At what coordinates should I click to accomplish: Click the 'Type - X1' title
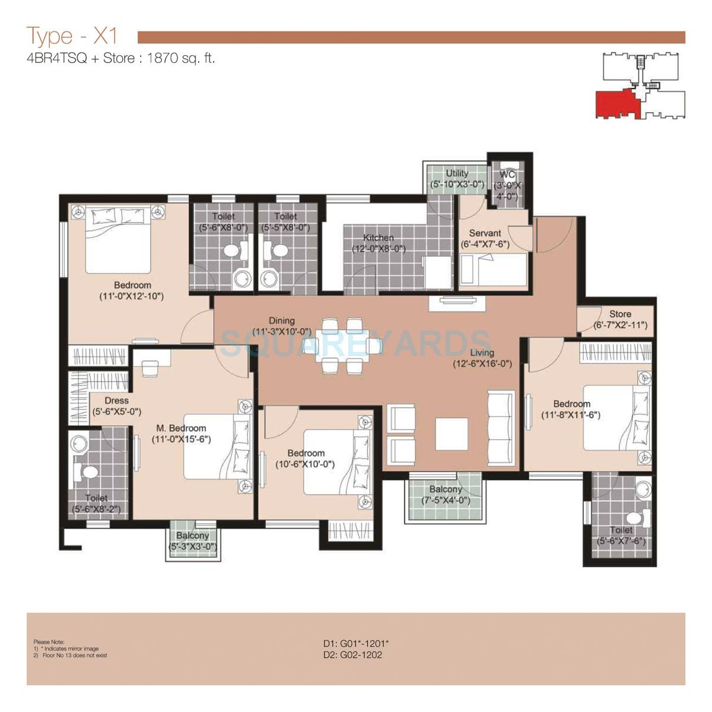tap(72, 37)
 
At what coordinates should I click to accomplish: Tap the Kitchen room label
tap(378, 238)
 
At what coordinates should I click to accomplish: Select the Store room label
tap(620, 314)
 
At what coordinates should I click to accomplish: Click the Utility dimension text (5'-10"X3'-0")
tap(457, 185)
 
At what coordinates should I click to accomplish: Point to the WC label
tap(507, 174)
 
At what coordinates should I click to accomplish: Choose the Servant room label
tap(485, 233)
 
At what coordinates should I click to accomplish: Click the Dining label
tap(281, 321)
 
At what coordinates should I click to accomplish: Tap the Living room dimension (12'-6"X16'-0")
tap(482, 364)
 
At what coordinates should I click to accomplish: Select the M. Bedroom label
tap(181, 428)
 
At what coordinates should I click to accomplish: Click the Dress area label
tap(116, 401)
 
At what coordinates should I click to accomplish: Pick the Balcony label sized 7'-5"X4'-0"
tap(445, 490)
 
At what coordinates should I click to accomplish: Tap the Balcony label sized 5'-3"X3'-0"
tap(192, 536)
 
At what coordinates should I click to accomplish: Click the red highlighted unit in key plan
tap(615, 104)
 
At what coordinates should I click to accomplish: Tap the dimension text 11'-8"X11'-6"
tap(571, 415)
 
